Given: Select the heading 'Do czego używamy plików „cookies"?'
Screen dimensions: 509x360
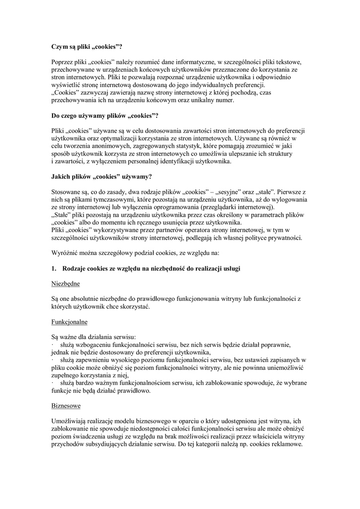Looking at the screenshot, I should [x=105, y=116].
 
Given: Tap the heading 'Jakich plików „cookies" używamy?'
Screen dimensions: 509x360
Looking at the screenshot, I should [x=102, y=176].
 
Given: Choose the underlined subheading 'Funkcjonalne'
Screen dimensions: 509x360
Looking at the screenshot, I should [x=70, y=322].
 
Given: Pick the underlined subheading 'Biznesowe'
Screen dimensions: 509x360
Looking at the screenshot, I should [x=66, y=406].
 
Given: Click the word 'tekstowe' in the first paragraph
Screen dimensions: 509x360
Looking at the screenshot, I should [x=289, y=62].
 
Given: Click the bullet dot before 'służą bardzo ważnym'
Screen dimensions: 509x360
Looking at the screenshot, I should [x=53, y=383].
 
